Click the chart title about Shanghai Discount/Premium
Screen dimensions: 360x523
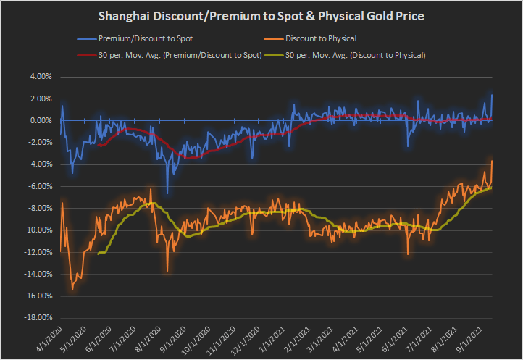(x=261, y=16)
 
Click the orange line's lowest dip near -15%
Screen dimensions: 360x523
(x=72, y=290)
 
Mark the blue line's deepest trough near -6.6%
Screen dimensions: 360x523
(x=167, y=193)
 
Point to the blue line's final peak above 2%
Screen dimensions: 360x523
(x=492, y=95)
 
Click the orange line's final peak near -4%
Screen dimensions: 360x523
(x=492, y=161)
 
